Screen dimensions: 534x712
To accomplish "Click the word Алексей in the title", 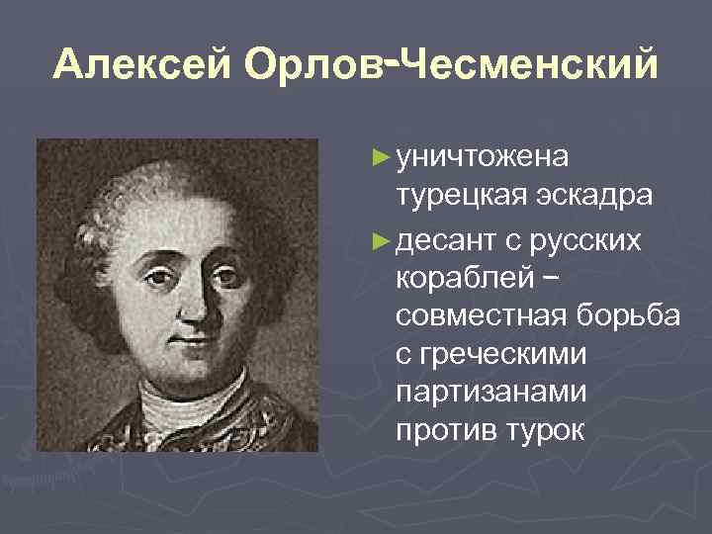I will point(142,65).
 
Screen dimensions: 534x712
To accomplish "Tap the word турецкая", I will point(458,196).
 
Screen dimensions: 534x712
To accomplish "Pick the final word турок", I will point(550,432).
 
